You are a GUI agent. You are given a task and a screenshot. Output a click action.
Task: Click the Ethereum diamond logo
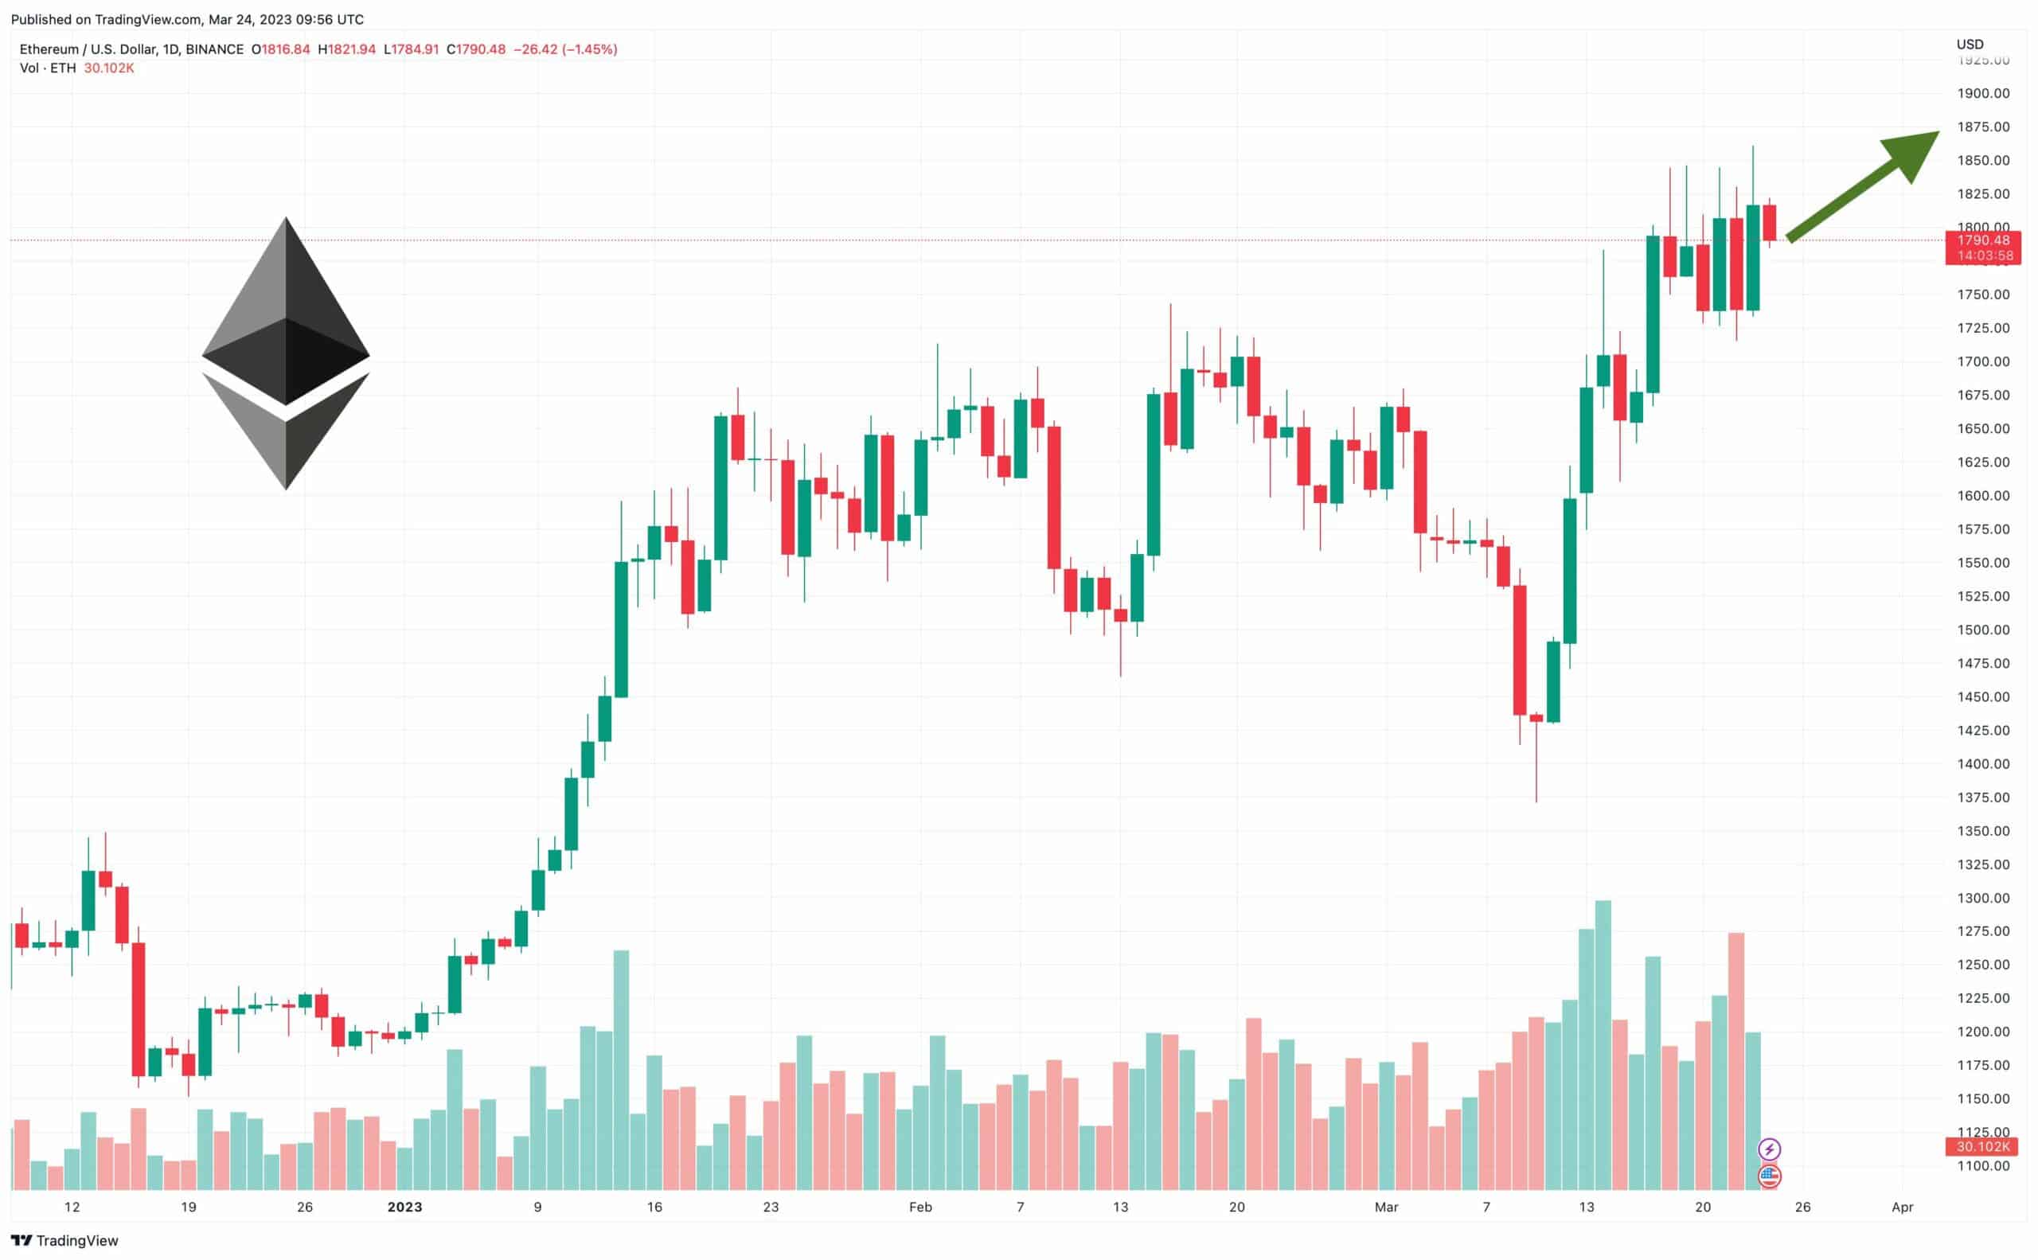286,353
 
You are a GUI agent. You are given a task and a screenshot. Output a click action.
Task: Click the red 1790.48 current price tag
1983,241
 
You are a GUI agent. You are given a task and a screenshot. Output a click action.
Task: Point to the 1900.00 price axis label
1983,93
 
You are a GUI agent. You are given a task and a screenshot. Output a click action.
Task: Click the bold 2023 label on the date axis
405,1207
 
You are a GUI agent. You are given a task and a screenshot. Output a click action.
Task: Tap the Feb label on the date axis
920,1207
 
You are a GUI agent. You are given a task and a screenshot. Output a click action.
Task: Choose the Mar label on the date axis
1386,1207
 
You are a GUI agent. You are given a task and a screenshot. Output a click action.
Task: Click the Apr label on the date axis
1902,1207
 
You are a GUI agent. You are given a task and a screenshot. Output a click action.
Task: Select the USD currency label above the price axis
1970,44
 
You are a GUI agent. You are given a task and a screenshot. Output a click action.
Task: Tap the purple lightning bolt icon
1770,1150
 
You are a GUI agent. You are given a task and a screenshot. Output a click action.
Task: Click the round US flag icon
1770,1176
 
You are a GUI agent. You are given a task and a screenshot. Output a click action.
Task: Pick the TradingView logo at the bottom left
65,1241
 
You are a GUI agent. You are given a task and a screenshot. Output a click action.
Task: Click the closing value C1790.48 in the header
476,49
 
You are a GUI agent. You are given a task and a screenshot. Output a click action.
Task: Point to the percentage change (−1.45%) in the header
589,49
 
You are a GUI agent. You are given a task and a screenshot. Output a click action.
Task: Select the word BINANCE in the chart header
214,49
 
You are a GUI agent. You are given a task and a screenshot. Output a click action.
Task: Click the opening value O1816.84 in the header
281,49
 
